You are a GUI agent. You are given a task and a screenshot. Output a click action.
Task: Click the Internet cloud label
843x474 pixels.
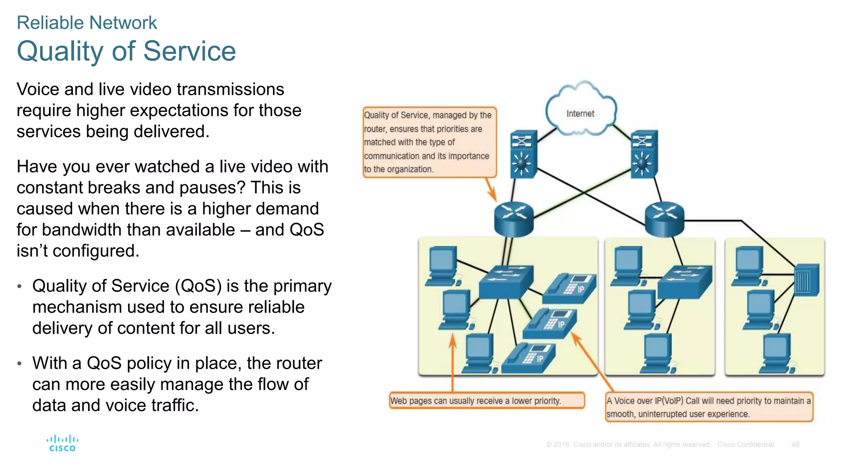(x=580, y=114)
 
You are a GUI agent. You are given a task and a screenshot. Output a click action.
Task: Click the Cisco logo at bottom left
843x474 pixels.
(x=62, y=444)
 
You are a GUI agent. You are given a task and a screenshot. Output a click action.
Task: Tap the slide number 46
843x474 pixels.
(x=795, y=444)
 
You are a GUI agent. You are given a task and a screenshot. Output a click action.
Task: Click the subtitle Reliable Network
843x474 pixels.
(x=87, y=23)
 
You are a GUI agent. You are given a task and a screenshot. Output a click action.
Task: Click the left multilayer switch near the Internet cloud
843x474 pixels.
(x=523, y=154)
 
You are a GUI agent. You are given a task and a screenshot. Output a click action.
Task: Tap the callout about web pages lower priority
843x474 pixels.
(x=487, y=400)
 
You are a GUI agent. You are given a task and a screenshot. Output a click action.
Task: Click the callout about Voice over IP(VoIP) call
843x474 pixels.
(x=709, y=407)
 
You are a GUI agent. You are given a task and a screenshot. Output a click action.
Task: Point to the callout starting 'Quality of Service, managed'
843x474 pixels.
(x=429, y=142)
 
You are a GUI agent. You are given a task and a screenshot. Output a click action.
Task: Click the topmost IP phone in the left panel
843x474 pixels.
(x=570, y=288)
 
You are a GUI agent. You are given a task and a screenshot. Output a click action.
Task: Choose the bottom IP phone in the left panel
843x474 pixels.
(x=529, y=358)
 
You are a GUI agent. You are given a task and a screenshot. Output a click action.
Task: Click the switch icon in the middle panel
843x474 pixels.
(x=685, y=282)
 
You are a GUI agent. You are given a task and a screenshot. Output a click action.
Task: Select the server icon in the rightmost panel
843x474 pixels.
(x=806, y=280)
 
